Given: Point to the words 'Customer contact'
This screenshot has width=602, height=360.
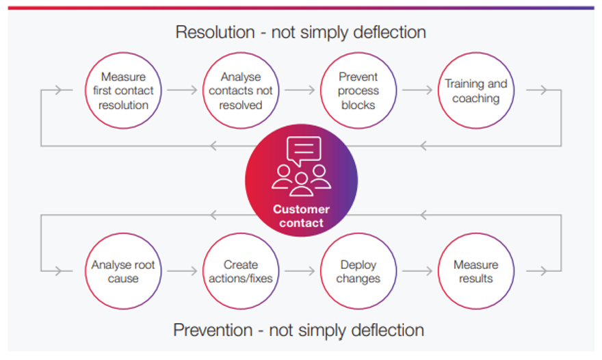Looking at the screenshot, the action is pyautogui.click(x=302, y=216).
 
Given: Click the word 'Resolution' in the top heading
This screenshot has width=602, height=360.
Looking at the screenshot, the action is pyautogui.click(x=215, y=32).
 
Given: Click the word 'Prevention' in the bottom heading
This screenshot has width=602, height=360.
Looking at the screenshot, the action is pyautogui.click(x=213, y=330).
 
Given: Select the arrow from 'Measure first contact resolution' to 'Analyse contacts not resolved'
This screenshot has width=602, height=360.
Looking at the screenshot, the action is pyautogui.click(x=182, y=90).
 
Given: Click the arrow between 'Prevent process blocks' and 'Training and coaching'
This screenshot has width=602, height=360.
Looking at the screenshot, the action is pyautogui.click(x=417, y=90).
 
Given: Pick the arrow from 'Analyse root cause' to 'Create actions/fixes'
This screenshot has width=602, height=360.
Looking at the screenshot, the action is pyautogui.click(x=182, y=271).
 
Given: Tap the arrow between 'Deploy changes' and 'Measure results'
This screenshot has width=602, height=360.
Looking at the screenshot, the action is pyautogui.click(x=417, y=271).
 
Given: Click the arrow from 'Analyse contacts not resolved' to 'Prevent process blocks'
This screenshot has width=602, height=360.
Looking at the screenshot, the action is pyautogui.click(x=300, y=90).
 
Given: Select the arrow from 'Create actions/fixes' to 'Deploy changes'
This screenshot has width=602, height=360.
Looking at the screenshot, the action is pyautogui.click(x=300, y=271).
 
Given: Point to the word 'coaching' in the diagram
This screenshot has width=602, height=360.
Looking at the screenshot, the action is pyautogui.click(x=476, y=99).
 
